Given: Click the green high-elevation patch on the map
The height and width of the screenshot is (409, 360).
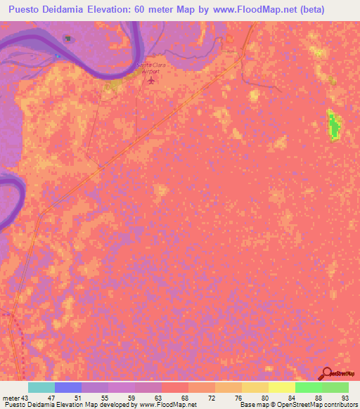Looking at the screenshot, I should (x=333, y=125).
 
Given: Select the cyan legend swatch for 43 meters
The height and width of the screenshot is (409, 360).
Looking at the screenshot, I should (x=41, y=387).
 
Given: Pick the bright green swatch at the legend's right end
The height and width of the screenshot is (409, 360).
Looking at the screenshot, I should (x=335, y=387).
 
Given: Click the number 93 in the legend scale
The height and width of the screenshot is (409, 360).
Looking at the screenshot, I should (x=343, y=397).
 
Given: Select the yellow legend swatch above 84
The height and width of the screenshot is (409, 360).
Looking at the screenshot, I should (x=281, y=387).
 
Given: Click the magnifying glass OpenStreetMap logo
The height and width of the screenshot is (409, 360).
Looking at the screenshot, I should (x=327, y=375).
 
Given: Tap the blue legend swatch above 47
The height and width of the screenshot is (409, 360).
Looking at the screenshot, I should (x=68, y=387).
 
